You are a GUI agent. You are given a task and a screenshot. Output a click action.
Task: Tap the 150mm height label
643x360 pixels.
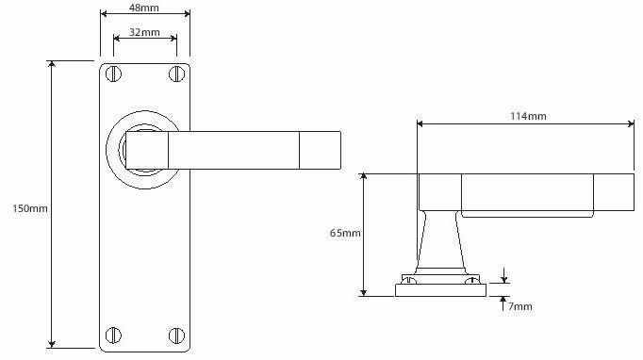[29, 208]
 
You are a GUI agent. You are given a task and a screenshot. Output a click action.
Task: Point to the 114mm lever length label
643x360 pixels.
[528, 116]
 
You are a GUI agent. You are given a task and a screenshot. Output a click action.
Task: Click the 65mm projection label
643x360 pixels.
[345, 233]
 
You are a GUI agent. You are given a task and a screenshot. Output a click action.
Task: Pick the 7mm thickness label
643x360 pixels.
[520, 306]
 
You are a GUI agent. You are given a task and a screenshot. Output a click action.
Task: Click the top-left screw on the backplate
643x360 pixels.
[113, 74]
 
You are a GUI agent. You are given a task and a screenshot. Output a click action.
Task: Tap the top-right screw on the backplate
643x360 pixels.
[176, 74]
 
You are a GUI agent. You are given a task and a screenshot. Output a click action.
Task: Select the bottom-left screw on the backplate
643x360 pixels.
[113, 335]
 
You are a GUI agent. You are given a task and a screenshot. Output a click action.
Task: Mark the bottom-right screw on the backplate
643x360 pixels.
[176, 335]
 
